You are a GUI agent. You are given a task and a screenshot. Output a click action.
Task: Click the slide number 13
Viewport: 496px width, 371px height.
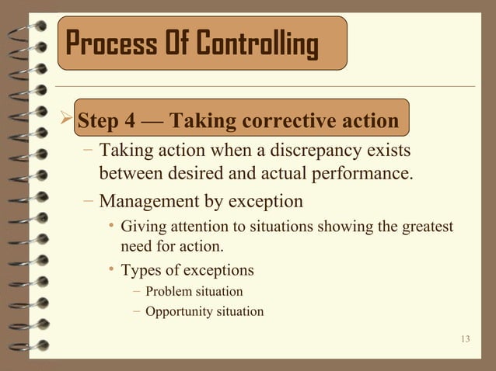(466, 338)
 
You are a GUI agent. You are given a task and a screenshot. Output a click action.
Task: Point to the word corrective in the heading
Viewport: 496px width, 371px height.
(292, 122)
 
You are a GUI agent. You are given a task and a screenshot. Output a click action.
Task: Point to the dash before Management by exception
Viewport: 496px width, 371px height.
(89, 202)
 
